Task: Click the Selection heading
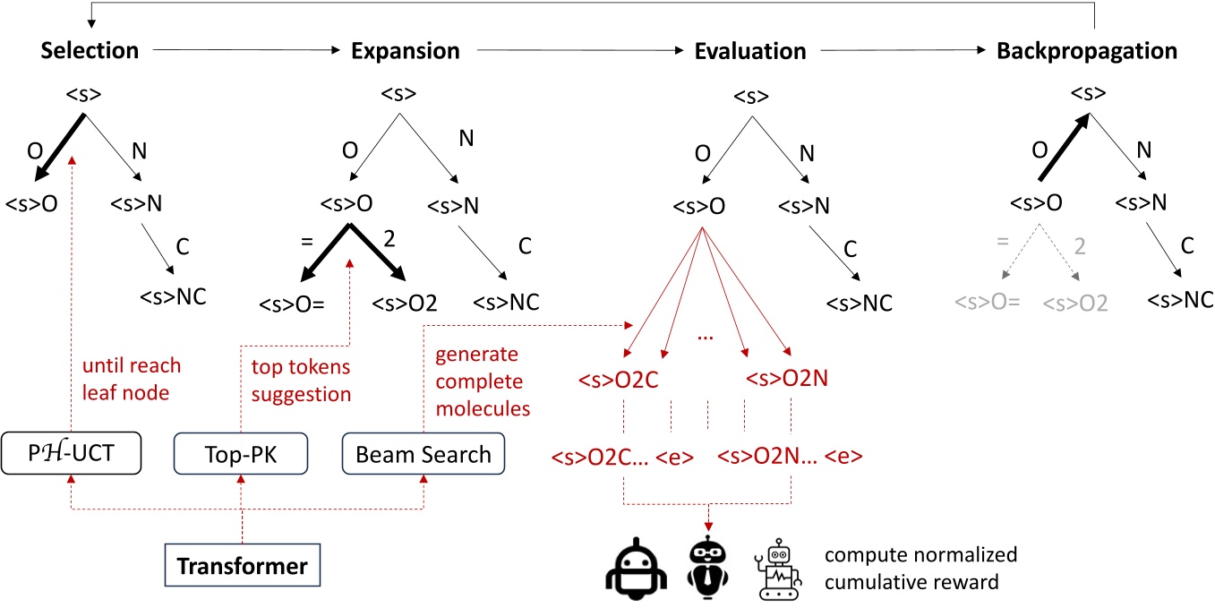[x=90, y=51]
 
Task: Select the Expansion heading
[x=406, y=51]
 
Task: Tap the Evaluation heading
[x=750, y=51]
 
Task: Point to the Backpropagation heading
[x=1087, y=51]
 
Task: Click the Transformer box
[x=242, y=566]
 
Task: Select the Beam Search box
[x=424, y=454]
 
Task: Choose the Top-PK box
[x=240, y=454]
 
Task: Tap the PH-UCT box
[x=69, y=454]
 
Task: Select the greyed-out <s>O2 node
[x=1074, y=303]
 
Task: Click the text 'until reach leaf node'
[x=132, y=379]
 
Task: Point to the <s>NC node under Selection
[x=173, y=295]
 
